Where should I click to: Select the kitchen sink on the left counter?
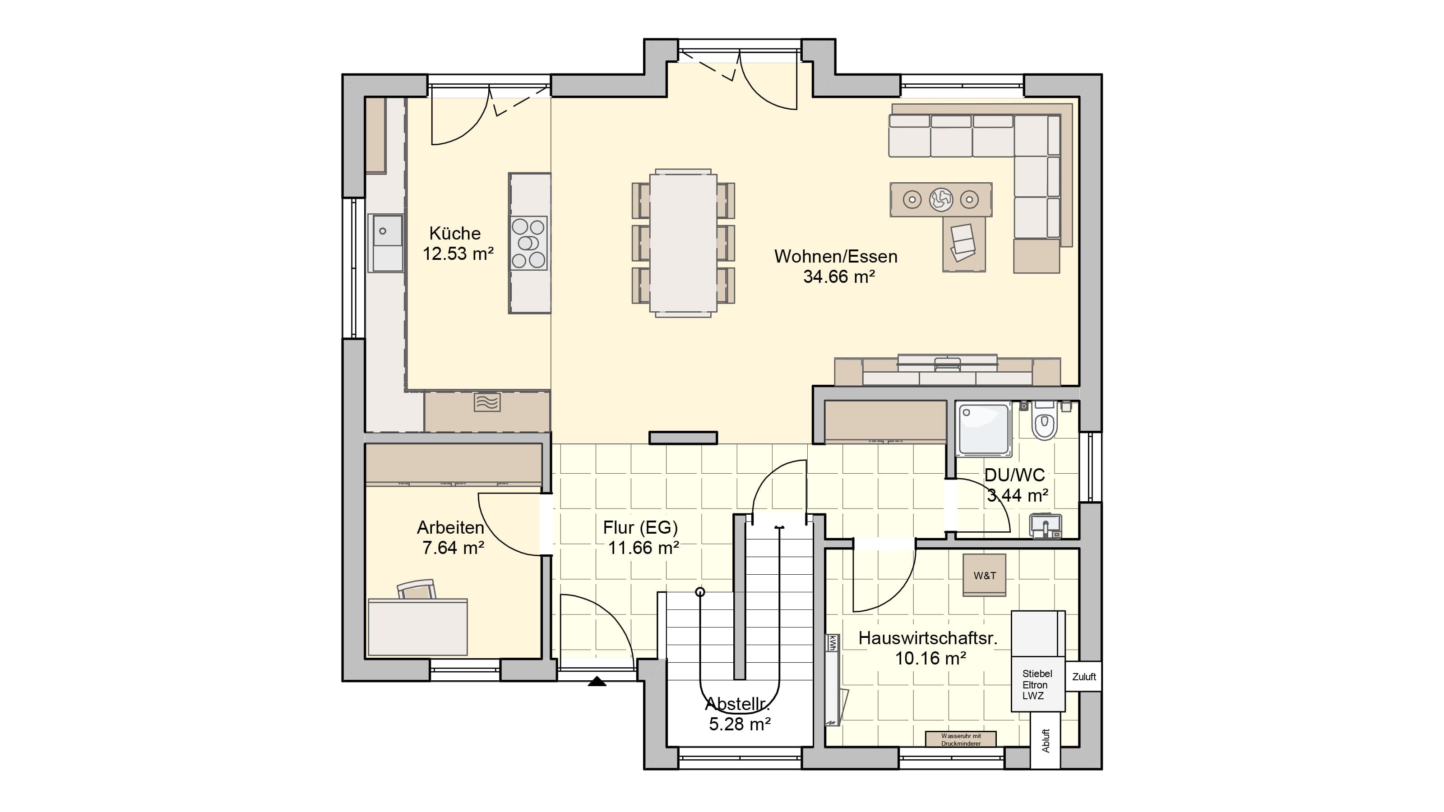(385, 243)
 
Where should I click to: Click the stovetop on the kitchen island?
(528, 243)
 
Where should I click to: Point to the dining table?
(683, 243)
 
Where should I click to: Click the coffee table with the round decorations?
(940, 199)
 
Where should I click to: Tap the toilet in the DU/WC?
(1044, 421)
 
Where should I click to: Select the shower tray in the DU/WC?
(984, 429)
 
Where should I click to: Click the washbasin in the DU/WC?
(1046, 526)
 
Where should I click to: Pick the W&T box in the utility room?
(984, 575)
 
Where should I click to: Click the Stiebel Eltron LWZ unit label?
(1037, 685)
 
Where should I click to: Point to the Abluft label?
(1046, 740)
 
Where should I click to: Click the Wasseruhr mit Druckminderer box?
(961, 739)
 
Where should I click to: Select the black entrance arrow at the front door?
(597, 682)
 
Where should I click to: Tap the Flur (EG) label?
(640, 527)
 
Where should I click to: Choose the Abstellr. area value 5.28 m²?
(740, 724)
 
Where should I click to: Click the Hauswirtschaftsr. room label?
(928, 638)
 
